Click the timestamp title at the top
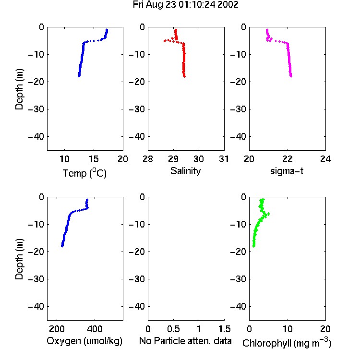pos(185,5)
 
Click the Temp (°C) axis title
pos(84,173)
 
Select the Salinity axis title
pos(185,171)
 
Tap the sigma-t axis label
pos(287,171)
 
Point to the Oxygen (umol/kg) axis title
pos(84,341)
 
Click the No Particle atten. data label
pos(185,341)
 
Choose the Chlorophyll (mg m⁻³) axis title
pos(287,342)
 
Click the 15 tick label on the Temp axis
pos(94,159)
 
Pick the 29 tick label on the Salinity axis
pos(173,159)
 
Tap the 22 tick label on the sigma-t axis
pos(287,159)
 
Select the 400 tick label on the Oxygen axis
pos(95,329)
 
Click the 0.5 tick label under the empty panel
pos(173,329)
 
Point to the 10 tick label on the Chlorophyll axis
pos(288,329)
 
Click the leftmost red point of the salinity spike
pos(165,41)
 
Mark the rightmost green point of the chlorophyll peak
pos(268,214)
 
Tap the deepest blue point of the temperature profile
pos(79,76)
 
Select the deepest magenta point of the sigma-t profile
pos(291,76)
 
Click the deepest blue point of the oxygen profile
pos(62,246)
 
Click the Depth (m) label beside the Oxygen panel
pos(19,259)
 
